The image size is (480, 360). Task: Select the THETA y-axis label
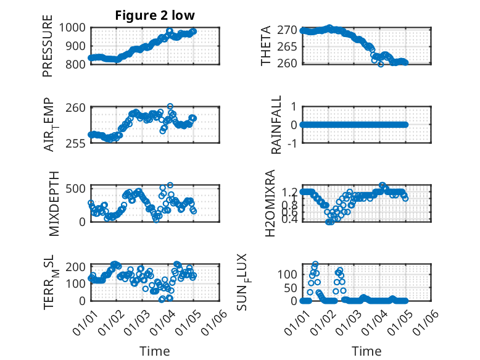coord(267,46)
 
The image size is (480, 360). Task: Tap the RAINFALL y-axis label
coord(277,125)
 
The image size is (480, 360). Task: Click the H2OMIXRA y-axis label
coord(270,204)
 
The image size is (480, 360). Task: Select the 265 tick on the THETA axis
coord(290,46)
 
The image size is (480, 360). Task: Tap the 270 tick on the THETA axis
coord(290,30)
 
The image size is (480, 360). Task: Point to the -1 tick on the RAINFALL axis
coord(294,142)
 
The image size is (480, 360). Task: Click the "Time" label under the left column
coord(155,351)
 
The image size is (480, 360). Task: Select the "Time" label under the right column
coord(366,351)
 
